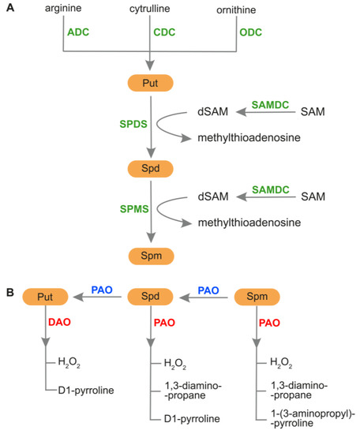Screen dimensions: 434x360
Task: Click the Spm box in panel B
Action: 259,296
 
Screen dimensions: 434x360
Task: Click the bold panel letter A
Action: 8,8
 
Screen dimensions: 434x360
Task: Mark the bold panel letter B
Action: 8,292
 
